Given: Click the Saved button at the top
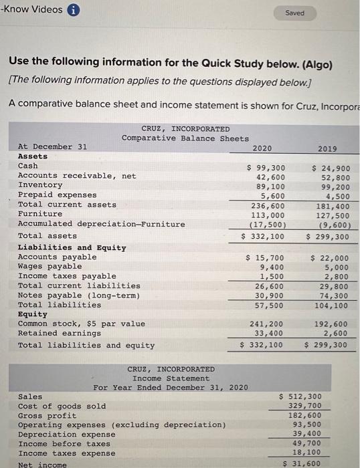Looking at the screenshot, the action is click(294, 13).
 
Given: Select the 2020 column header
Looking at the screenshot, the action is click(262, 148).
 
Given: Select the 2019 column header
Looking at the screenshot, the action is click(328, 148).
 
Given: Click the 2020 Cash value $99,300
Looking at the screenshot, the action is click(266, 168).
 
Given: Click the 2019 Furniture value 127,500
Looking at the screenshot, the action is click(333, 216).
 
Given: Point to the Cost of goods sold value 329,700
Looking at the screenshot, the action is click(304, 406).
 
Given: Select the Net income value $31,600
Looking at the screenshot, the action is click(302, 463).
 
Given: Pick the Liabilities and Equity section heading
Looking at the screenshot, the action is click(72, 247).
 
